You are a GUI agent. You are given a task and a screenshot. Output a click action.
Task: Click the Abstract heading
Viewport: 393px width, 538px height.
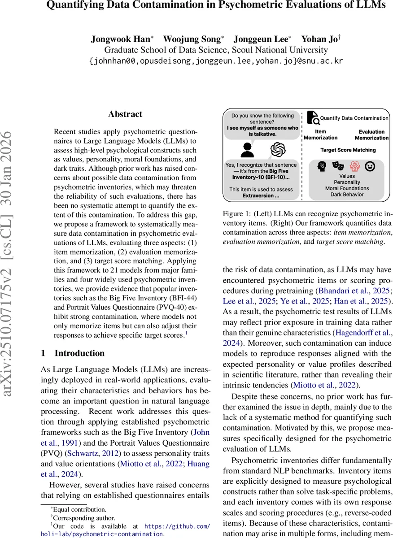[x=125, y=114]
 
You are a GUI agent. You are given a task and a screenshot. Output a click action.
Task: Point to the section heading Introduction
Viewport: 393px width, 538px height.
[x=79, y=353]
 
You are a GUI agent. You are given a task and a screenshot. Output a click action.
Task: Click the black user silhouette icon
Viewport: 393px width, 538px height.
[x=247, y=149]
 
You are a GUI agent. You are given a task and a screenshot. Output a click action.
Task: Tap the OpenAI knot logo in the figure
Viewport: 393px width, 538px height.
[x=278, y=149]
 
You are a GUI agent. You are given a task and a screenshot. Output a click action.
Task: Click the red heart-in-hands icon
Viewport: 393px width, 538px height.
[x=354, y=167]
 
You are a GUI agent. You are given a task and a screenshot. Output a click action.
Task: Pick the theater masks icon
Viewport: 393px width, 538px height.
[x=338, y=167]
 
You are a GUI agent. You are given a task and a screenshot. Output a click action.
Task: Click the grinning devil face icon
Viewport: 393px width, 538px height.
[x=371, y=167]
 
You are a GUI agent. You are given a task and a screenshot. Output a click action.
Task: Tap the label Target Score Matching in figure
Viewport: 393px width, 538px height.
[x=348, y=150]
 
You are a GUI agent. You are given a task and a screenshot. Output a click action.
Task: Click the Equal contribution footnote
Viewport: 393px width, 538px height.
[x=79, y=509]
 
